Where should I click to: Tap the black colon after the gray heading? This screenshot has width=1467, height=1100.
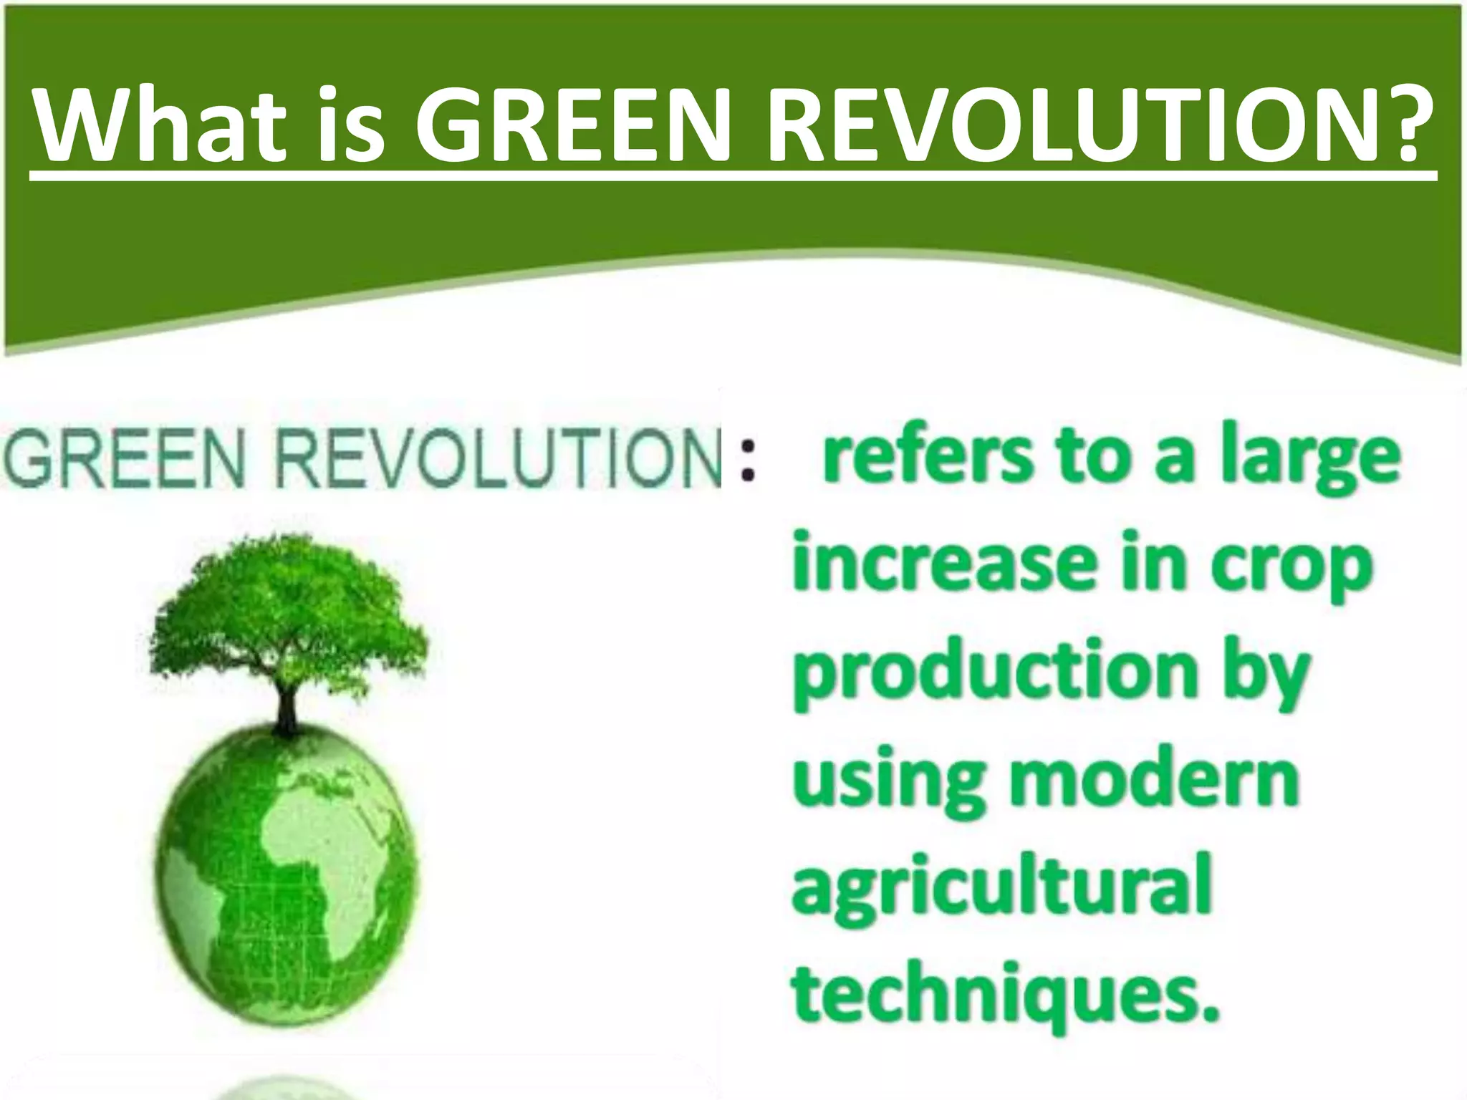pyautogui.click(x=748, y=458)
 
